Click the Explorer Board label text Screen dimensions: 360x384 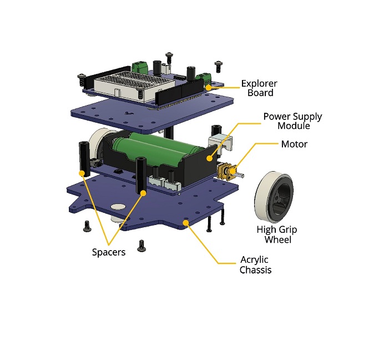point(259,88)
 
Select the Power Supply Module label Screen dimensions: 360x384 point(292,121)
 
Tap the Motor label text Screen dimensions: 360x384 point(294,144)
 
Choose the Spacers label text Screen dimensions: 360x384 point(109,252)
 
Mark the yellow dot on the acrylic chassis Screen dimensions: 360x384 point(186,222)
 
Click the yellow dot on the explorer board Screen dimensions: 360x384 point(209,87)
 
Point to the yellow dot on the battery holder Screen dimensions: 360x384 point(209,158)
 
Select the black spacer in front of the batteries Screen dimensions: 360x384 point(141,175)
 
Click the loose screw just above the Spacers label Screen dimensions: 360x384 point(142,244)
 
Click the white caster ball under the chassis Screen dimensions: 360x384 point(119,207)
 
